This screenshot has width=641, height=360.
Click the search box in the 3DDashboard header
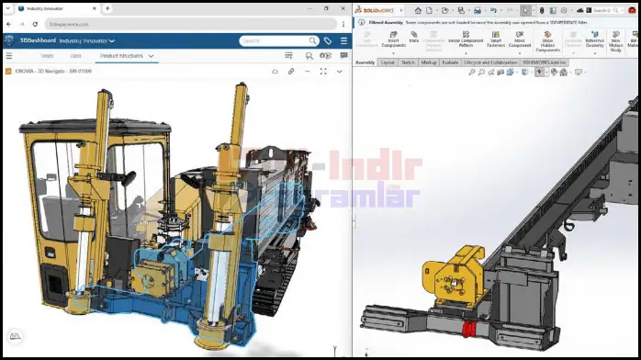click(276, 40)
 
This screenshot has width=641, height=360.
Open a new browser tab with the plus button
click(107, 8)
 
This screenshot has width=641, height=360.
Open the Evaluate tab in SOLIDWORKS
click(450, 62)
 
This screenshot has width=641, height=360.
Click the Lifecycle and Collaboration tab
click(491, 62)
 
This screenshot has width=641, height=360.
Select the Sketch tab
click(408, 62)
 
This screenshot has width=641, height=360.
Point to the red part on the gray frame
click(469, 330)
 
